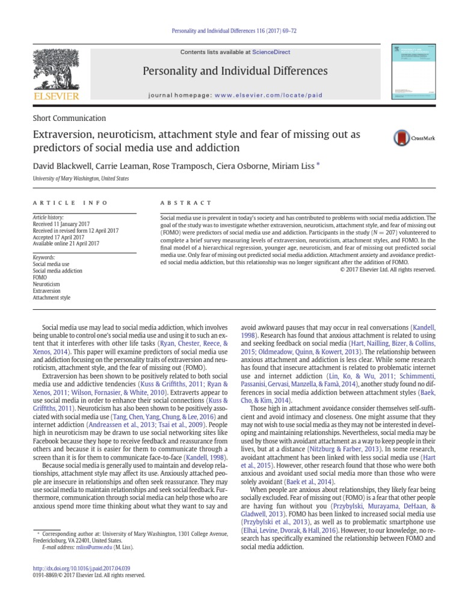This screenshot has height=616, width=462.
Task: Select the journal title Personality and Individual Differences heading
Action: coord(235,71)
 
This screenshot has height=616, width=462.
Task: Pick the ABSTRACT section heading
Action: coord(186,203)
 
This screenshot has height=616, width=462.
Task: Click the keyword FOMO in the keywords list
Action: coord(40,277)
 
